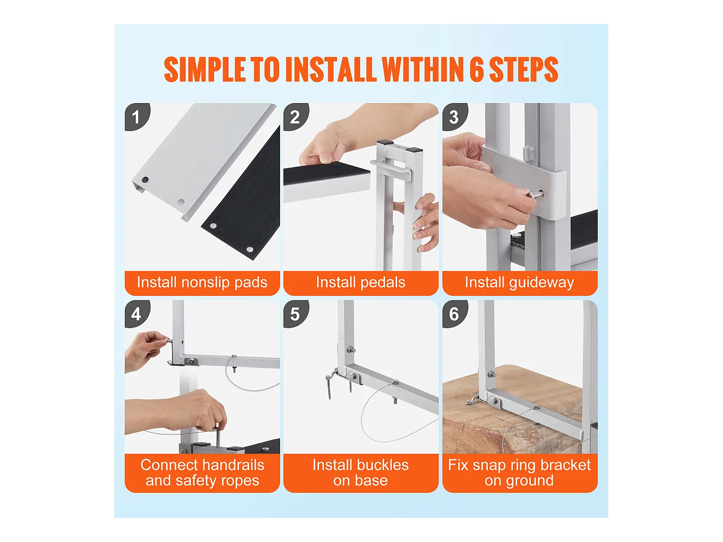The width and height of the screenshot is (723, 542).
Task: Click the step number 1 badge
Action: point(136,116)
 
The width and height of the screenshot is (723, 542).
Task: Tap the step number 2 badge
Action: point(295,116)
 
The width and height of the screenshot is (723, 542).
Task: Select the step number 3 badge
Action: point(454,116)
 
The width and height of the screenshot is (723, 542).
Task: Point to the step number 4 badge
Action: point(136,313)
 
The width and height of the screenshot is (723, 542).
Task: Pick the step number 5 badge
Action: point(295,313)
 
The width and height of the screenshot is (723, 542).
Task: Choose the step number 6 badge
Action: point(454,313)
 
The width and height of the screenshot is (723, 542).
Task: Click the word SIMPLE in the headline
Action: point(204,69)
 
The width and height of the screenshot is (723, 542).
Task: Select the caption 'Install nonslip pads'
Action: point(202,282)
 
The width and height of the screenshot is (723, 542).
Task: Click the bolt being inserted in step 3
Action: point(535,195)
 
